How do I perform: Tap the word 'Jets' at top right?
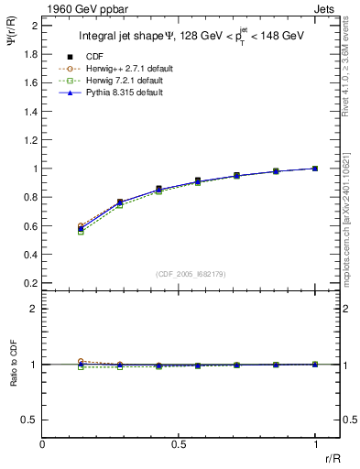[324, 8]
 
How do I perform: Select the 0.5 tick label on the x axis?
[179, 443]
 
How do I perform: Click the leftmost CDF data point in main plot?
[81, 228]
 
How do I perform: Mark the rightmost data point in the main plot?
[315, 169]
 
